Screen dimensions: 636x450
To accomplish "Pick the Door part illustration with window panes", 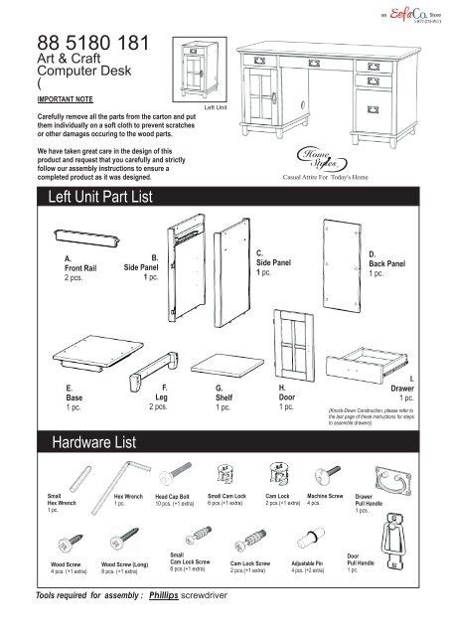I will [x=295, y=341].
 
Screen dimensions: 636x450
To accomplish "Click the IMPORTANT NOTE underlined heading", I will [x=53, y=100].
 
